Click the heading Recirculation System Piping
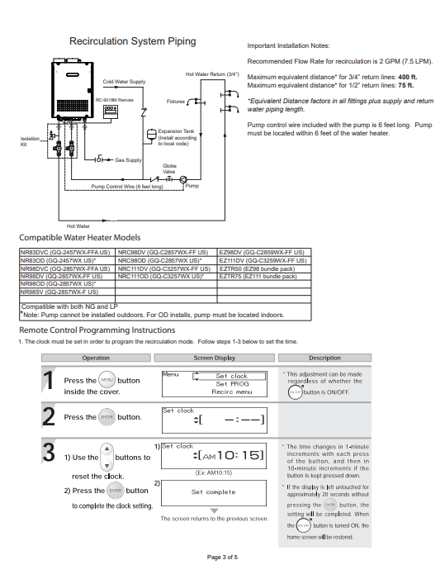[x=132, y=41]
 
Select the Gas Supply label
[x=128, y=159]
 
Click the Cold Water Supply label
[x=124, y=82]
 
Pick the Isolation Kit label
[x=29, y=141]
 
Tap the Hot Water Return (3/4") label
[x=212, y=75]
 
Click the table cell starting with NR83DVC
[x=67, y=250]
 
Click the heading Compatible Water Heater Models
[x=85, y=237]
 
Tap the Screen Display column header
[x=214, y=358]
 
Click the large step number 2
[x=49, y=418]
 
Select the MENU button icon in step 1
[x=107, y=380]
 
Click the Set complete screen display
[x=214, y=492]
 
